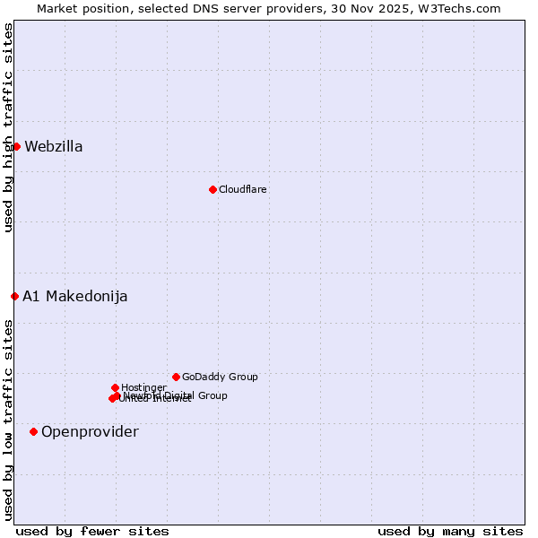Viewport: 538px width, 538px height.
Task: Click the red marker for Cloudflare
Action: click(x=213, y=189)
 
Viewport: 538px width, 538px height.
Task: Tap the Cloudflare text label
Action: click(x=243, y=189)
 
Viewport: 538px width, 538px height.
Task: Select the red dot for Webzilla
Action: click(x=16, y=146)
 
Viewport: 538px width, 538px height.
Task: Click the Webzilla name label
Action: click(x=54, y=147)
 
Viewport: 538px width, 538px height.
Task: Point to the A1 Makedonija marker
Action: click(x=14, y=296)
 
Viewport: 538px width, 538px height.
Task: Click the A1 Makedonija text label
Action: click(x=75, y=297)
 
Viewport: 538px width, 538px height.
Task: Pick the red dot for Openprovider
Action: click(x=33, y=431)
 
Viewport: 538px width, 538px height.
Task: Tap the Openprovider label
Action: click(x=90, y=432)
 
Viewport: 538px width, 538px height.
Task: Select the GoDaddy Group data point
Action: click(x=176, y=377)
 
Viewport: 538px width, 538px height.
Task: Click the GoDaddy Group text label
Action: click(x=220, y=377)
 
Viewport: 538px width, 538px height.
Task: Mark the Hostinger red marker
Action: click(x=115, y=387)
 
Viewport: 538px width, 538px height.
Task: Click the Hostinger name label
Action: click(x=143, y=387)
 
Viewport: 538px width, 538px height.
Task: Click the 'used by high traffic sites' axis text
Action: click(x=8, y=127)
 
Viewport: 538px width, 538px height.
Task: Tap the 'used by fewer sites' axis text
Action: click(x=92, y=531)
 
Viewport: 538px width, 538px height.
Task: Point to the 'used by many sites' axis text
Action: click(x=450, y=531)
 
